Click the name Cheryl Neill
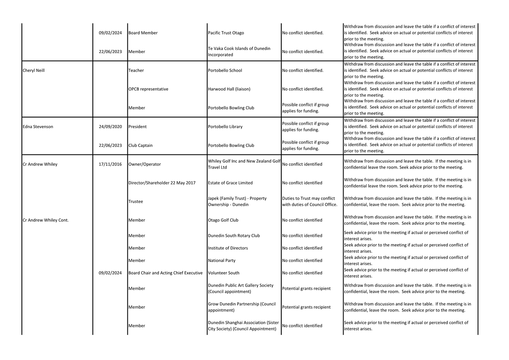[34, 71]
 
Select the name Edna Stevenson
[38, 127]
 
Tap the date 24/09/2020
[110, 127]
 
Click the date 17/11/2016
[110, 164]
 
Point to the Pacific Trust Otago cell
[226, 33]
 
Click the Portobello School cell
[225, 71]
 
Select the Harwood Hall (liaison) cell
[229, 89]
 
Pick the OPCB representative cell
[148, 89]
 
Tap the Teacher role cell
[136, 71]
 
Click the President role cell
[138, 127]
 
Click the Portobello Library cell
[225, 127]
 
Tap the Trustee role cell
[136, 202]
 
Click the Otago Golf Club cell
[223, 220]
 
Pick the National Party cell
[221, 261]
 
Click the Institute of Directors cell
[228, 248]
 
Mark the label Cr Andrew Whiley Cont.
[46, 220]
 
